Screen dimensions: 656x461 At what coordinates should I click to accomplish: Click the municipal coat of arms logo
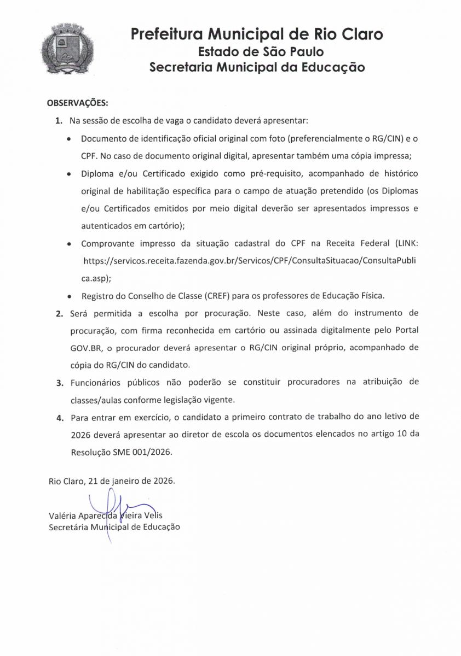(x=68, y=50)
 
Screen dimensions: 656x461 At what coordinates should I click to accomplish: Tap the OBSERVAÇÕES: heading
(x=77, y=102)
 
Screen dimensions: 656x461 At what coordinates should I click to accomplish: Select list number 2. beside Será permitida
(x=59, y=314)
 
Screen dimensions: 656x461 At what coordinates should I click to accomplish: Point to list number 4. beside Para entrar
(x=59, y=417)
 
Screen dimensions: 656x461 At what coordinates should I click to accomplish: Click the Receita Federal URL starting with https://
(x=249, y=261)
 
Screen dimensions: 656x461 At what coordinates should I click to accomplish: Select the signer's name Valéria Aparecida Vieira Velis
(x=106, y=516)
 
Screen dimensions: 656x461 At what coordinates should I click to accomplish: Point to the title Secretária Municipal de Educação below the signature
(x=114, y=527)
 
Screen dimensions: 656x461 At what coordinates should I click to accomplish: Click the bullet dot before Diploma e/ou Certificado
(x=68, y=174)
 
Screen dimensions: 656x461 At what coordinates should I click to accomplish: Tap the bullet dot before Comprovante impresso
(x=68, y=244)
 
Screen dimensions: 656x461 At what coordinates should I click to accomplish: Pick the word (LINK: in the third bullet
(x=403, y=243)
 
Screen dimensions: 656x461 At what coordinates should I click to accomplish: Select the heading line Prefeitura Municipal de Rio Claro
(x=257, y=34)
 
